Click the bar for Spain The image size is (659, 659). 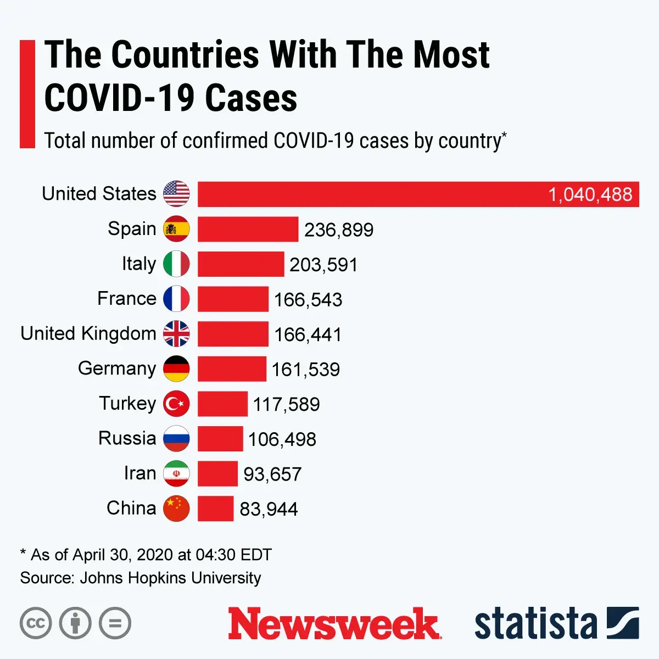point(248,229)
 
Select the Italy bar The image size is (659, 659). point(241,264)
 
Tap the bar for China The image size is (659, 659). point(215,509)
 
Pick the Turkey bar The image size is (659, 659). point(222,404)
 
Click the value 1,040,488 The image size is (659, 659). point(590,194)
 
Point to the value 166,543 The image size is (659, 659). point(308,300)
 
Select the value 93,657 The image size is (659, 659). point(272,474)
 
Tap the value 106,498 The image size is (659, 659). point(282,439)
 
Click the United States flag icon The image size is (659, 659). point(176,194)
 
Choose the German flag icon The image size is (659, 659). point(176,368)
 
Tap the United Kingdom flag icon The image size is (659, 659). point(176,334)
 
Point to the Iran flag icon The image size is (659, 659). point(176,473)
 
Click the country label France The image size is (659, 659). point(127,299)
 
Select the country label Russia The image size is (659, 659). point(127,438)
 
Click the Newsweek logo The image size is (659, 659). point(334,624)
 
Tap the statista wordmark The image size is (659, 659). point(535,624)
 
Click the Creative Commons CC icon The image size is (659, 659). point(36,623)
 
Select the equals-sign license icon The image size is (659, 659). point(115,623)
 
